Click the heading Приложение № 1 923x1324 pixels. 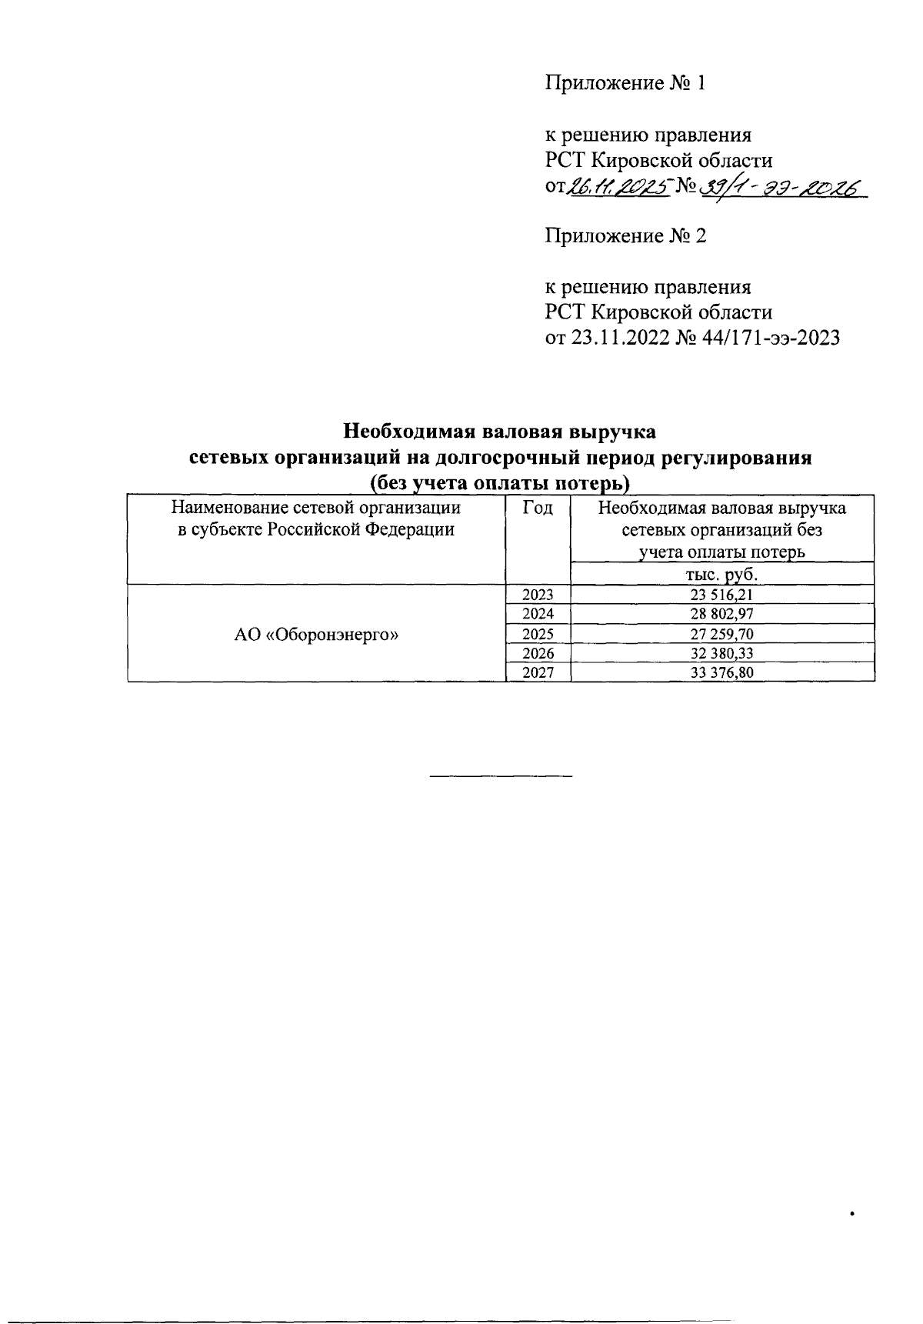(x=625, y=83)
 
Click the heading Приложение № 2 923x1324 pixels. (x=625, y=235)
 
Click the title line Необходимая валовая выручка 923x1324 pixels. (x=500, y=430)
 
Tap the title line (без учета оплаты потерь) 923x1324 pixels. (x=500, y=483)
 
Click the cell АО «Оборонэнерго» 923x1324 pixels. (x=316, y=635)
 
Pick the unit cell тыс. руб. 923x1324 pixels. (x=721, y=575)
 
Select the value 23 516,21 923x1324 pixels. (x=721, y=594)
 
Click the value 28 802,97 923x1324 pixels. (x=721, y=614)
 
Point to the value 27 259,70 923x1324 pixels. (x=721, y=634)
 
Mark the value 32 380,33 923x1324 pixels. (x=721, y=654)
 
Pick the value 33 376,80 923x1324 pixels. (x=721, y=673)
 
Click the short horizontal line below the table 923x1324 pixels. (x=501, y=775)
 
